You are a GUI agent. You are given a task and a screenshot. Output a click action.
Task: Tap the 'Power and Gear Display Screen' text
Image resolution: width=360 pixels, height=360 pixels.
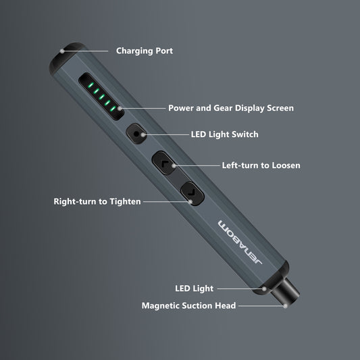[230, 107]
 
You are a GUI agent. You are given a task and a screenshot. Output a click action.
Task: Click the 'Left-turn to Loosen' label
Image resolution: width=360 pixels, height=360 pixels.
[261, 165]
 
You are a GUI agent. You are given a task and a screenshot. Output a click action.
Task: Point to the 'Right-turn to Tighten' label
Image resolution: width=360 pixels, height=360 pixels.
[97, 201]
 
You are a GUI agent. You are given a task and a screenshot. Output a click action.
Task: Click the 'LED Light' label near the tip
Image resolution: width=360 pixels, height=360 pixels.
[194, 288]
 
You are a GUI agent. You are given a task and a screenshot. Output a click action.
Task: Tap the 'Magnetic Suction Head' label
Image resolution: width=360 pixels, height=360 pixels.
[188, 306]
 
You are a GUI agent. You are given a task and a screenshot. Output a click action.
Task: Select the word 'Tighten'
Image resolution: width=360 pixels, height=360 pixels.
[123, 201]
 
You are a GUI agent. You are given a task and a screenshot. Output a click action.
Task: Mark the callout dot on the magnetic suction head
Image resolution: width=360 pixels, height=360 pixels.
[286, 305]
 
